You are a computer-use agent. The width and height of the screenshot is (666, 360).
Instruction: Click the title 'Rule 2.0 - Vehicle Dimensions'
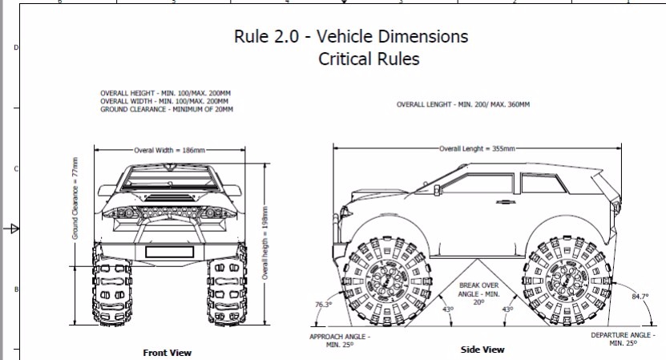pos(350,37)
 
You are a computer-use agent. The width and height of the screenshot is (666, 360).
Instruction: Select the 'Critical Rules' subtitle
pos(369,59)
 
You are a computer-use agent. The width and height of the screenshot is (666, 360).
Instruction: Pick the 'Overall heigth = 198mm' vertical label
pos(265,241)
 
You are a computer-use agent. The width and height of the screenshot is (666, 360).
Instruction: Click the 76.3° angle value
pos(322,305)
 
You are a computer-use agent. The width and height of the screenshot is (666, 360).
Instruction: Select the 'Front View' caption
pos(167,352)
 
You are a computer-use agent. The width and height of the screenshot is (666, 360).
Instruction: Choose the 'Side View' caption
pos(482,350)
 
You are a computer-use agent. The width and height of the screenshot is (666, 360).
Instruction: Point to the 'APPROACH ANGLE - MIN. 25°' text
pos(340,340)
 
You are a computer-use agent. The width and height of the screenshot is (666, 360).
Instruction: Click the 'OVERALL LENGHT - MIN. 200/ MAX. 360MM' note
pos(463,105)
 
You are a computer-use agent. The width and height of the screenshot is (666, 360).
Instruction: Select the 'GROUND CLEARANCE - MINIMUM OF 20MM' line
pos(167,110)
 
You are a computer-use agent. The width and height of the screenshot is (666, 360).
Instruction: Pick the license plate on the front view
pos(168,252)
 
